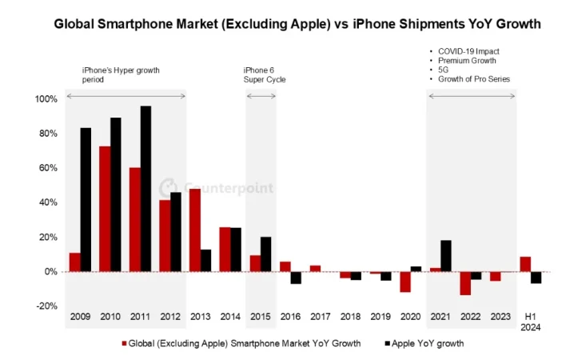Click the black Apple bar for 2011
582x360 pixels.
click(145, 189)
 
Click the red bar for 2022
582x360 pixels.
click(465, 283)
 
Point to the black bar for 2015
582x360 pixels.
click(266, 254)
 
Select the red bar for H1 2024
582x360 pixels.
click(525, 264)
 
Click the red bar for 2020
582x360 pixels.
click(405, 282)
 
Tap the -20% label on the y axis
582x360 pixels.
click(46, 306)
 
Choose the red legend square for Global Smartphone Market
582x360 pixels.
click(125, 343)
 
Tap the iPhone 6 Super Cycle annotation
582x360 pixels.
click(265, 75)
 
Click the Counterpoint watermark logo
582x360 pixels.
click(169, 188)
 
